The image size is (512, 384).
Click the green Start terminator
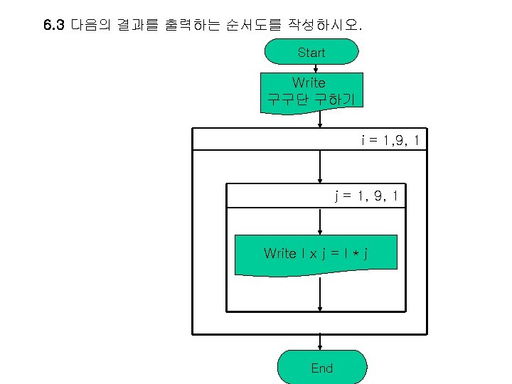pyautogui.click(x=311, y=52)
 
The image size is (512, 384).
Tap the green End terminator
pyautogui.click(x=321, y=368)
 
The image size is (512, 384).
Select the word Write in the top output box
pyautogui.click(x=309, y=82)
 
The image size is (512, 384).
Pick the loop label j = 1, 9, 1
pyautogui.click(x=366, y=195)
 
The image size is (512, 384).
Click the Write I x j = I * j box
pyautogui.click(x=316, y=254)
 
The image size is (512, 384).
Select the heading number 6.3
pyautogui.click(x=54, y=26)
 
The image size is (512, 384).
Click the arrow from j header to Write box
pyautogui.click(x=321, y=221)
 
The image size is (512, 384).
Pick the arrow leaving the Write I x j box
pyautogui.click(x=321, y=294)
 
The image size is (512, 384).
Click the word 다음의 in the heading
pyautogui.click(x=89, y=26)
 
